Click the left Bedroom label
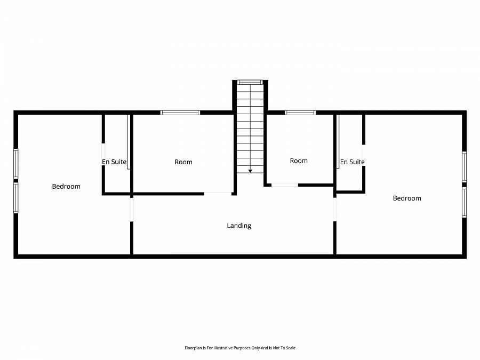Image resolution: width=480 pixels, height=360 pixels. coord(66,186)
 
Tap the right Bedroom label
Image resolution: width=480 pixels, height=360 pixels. coord(407,198)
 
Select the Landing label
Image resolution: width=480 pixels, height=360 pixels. coord(239,226)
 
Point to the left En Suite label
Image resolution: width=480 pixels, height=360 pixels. coord(114,162)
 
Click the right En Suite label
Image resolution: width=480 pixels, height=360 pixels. coord(352,162)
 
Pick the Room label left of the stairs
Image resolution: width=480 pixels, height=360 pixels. coord(183,162)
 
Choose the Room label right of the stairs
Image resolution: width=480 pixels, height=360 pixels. coord(299,161)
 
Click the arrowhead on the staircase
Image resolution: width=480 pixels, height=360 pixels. coord(250,171)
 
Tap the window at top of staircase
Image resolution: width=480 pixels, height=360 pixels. coord(250,82)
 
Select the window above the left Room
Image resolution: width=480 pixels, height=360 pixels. coord(180,113)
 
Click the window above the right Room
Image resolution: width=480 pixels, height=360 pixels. coord(300,113)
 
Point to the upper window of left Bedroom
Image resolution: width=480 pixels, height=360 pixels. coord(16,164)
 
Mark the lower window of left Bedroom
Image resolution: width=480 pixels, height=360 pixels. coord(16,198)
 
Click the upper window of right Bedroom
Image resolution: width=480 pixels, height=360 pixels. coord(464,166)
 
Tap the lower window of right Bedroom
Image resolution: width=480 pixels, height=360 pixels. coord(464,202)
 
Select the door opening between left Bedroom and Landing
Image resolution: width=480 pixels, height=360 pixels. coord(131,209)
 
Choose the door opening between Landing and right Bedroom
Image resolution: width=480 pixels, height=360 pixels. coord(334,209)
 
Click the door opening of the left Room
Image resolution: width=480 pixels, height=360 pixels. coord(218,193)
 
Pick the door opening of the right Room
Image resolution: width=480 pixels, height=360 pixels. coord(285,185)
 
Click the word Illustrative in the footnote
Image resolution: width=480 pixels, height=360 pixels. coord(225,348)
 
